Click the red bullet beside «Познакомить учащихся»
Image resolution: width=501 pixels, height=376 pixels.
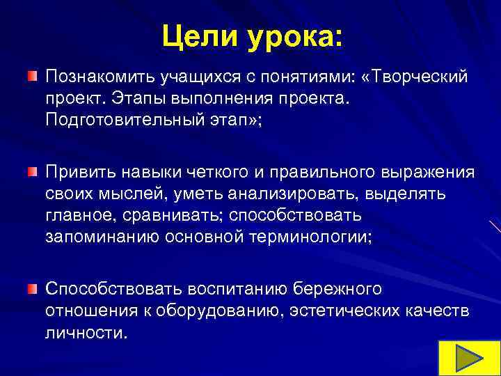[32, 75]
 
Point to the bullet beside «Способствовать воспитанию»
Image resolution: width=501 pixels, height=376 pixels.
[32, 267]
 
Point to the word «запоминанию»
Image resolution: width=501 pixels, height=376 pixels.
[102, 237]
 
